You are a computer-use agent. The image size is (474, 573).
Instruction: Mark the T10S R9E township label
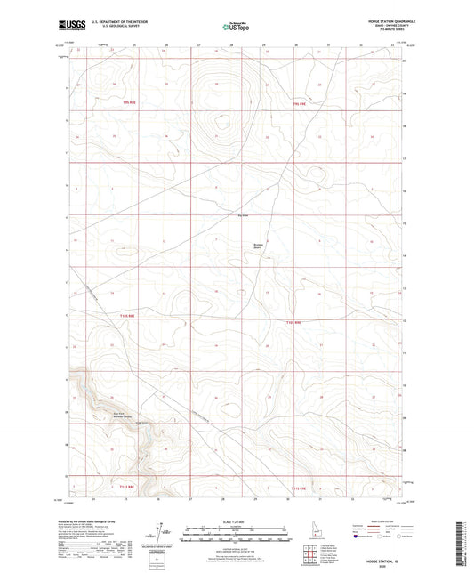293,321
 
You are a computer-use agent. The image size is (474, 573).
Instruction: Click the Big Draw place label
243,214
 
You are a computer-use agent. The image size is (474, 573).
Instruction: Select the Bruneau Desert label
259,246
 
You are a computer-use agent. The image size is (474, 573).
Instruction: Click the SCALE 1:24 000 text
236,522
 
